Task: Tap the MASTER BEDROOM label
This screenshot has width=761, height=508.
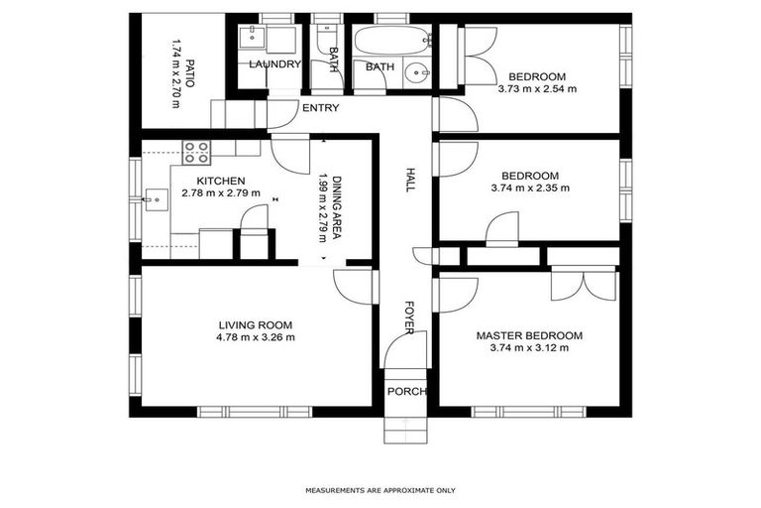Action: point(529,335)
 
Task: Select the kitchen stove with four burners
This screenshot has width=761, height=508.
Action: point(196,152)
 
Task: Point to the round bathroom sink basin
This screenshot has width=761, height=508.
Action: point(419,71)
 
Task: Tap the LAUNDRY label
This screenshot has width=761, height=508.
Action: point(274,64)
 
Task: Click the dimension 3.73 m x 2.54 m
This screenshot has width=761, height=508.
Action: point(537,88)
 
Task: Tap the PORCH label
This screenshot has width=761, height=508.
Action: point(406,391)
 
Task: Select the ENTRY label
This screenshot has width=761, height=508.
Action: point(321,108)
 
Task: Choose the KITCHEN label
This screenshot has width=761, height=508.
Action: point(220,181)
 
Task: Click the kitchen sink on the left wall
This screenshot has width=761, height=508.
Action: point(154,198)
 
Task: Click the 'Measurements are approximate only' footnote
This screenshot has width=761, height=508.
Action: point(380,490)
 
